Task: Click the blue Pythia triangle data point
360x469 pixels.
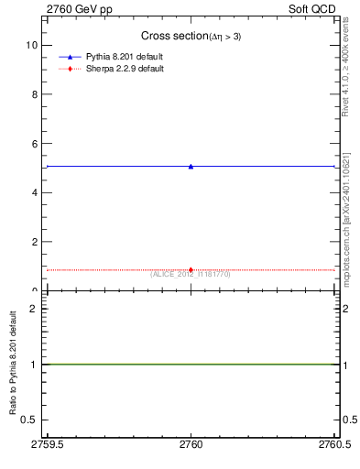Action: pos(191,166)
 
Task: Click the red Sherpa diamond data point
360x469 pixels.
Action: pos(191,269)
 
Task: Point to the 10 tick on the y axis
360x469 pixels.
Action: pos(34,45)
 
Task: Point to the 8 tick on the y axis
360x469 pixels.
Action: pos(34,94)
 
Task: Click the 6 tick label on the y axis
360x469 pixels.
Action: pos(34,144)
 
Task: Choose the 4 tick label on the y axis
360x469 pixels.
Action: pos(34,193)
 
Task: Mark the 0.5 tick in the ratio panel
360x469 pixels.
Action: pos(30,419)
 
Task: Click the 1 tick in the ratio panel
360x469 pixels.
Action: pos(34,364)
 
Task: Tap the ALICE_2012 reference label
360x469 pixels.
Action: pos(191,274)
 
